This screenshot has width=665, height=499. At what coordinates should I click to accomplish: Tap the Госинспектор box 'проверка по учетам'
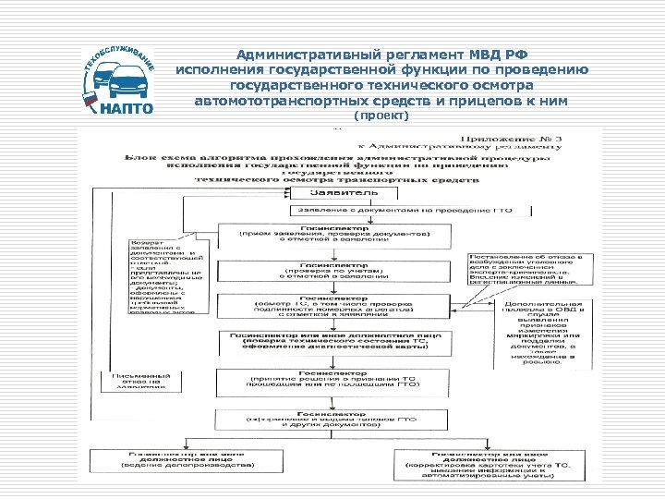tap(334, 269)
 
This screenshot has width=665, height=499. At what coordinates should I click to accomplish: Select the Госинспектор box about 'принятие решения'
tap(334, 381)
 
